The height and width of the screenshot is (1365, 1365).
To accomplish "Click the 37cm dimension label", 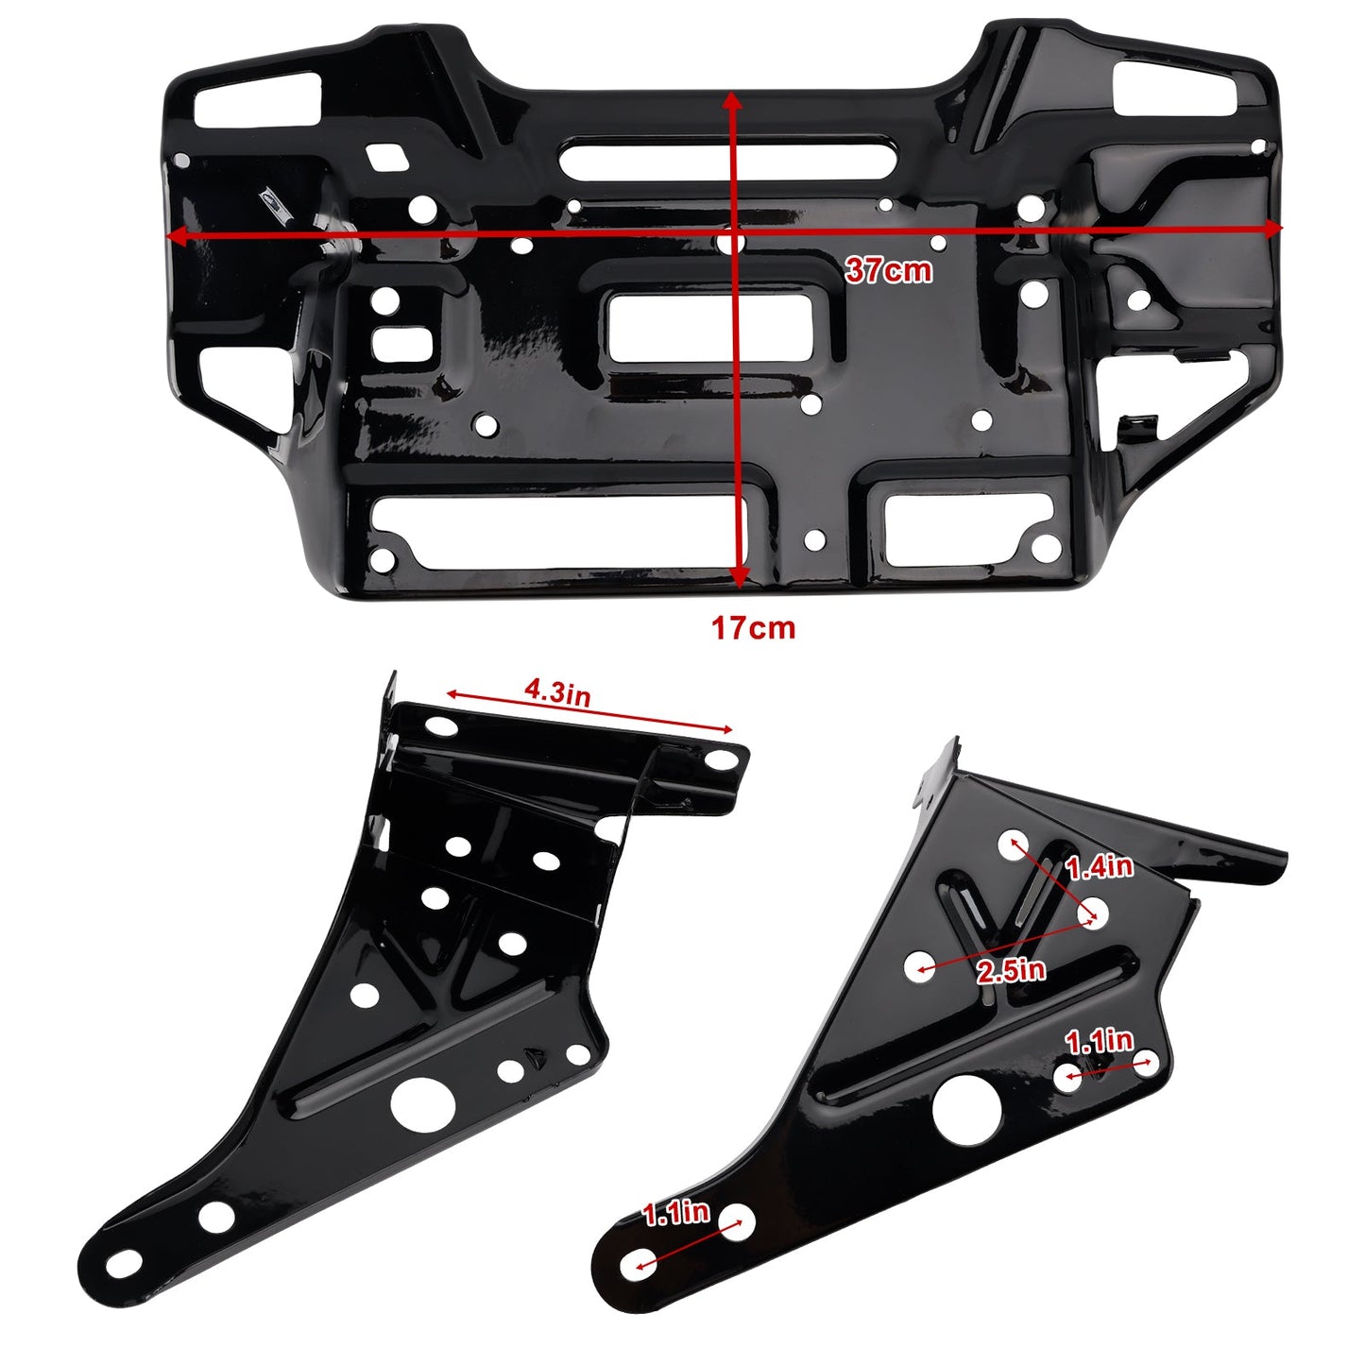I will [888, 270].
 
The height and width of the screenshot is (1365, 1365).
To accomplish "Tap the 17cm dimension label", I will [753, 628].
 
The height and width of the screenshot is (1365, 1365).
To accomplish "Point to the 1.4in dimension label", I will [1099, 866].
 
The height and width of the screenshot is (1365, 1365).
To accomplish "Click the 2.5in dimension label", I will [1011, 970].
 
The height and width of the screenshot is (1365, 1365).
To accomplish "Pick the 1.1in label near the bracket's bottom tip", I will [676, 1214].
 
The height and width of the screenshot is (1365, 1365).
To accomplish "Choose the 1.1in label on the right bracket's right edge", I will [1099, 1041].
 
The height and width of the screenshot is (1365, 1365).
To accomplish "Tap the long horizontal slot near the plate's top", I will [726, 158].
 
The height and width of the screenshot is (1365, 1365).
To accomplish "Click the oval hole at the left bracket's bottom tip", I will [123, 1263].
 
